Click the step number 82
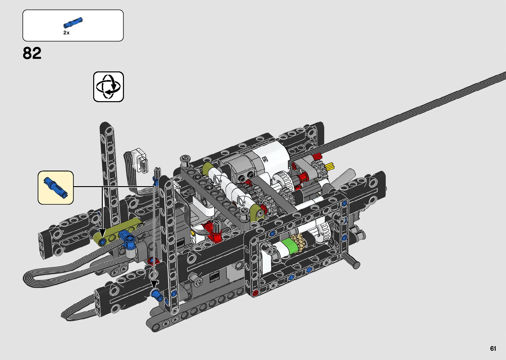pyautogui.click(x=32, y=53)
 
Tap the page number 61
pyautogui.click(x=493, y=348)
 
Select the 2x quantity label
pyautogui.click(x=66, y=33)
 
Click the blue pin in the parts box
pyautogui.click(x=73, y=22)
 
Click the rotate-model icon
pyautogui.click(x=108, y=87)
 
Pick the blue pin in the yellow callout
pyautogui.click(x=56, y=187)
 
